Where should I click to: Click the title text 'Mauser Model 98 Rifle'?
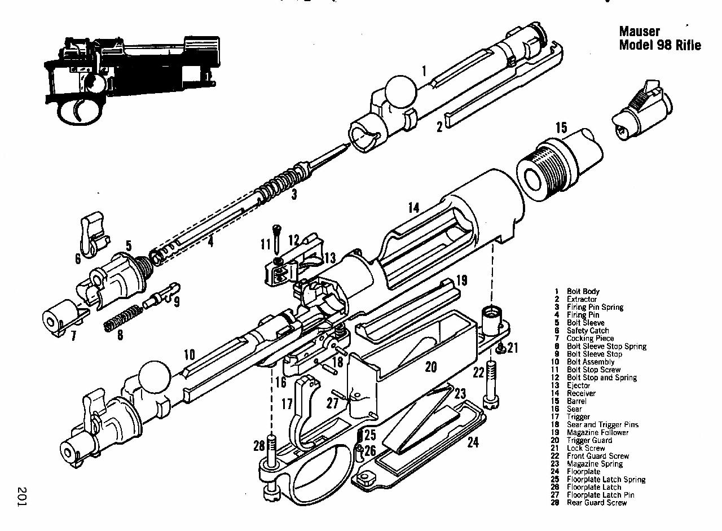tap(659, 38)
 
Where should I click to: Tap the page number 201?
tap(23, 496)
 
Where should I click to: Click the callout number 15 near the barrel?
tap(561, 128)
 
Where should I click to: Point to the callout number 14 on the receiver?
tap(413, 208)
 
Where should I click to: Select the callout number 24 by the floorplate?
tap(473, 442)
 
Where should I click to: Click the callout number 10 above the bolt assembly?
tap(189, 355)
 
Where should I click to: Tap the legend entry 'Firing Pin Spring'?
tap(595, 307)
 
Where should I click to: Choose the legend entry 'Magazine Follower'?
tap(598, 432)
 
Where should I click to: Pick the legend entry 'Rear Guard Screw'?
tap(596, 502)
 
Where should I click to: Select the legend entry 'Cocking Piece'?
tap(591, 338)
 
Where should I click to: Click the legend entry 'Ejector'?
tap(579, 385)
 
